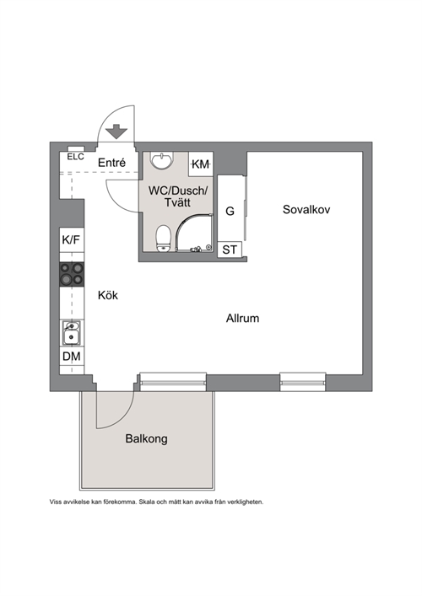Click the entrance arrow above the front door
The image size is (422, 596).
point(116,132)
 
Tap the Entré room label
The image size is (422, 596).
point(111,163)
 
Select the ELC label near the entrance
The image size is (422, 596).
point(75,157)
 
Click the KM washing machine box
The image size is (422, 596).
point(201,164)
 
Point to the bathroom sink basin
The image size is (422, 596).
point(162,160)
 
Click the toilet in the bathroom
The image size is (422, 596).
point(163,239)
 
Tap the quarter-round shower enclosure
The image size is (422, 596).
point(193,232)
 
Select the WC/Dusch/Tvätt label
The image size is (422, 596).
point(178,196)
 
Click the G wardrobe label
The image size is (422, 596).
point(230,211)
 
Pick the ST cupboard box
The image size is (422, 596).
point(230,250)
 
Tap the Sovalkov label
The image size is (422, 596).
point(306,209)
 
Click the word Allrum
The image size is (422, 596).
point(242,318)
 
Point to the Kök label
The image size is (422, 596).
point(108,295)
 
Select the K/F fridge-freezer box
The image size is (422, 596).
point(72,240)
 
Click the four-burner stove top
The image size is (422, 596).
point(72,274)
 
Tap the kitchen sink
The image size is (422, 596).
point(71,333)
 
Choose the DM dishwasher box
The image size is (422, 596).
point(72,357)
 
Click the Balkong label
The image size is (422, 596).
point(147,439)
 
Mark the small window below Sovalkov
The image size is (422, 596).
point(303,382)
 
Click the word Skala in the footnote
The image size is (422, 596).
point(147,502)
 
